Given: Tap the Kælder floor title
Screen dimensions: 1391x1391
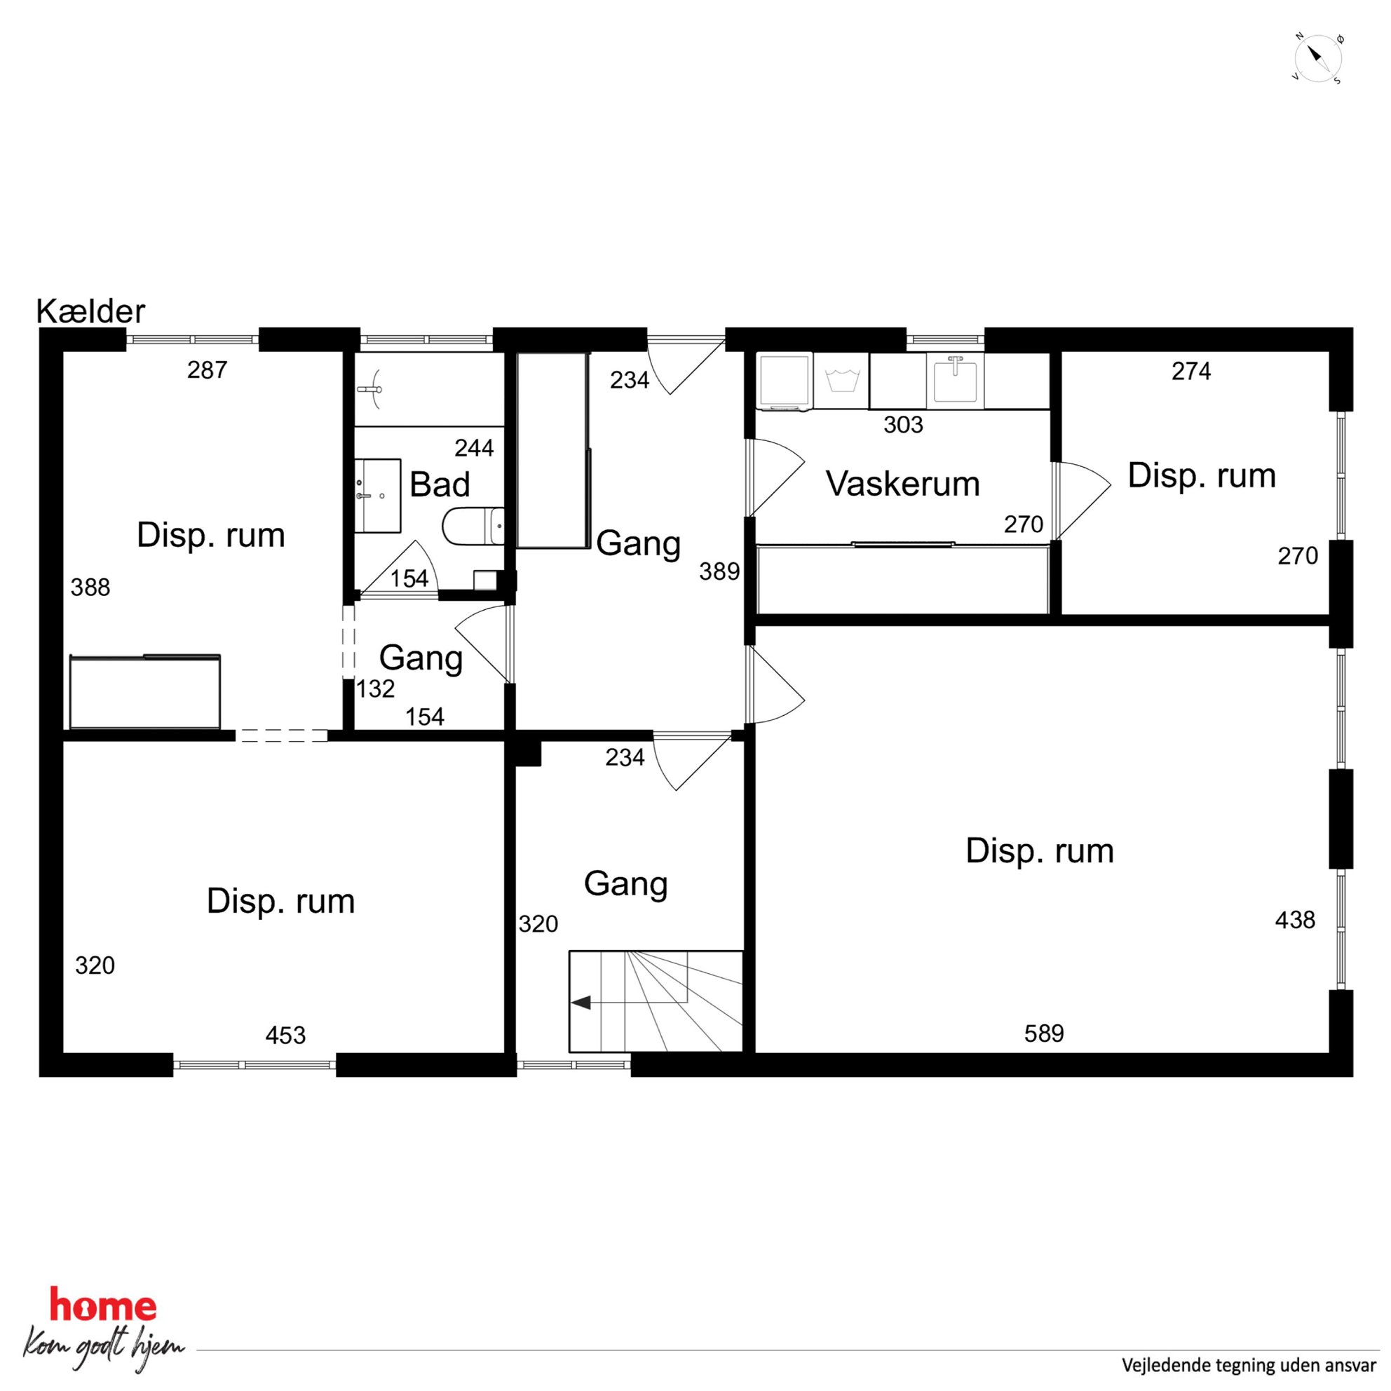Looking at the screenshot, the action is coord(90,311).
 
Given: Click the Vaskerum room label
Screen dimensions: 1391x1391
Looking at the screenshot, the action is coord(903,484).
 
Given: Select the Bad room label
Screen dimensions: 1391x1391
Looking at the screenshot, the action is coord(440,484).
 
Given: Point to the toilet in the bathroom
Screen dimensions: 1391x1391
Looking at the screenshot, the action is coord(473,527).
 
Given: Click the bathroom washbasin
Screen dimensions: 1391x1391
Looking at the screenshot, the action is coord(377,496).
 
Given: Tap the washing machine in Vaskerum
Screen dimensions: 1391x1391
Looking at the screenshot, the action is coord(785,381).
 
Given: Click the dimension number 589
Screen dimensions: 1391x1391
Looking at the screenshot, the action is coord(1044,1034).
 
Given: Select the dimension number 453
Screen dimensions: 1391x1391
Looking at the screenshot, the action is coord(286,1036).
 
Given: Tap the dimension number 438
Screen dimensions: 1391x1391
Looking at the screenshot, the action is coord(1295,919).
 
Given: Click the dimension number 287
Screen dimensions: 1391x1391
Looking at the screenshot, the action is coord(208,370).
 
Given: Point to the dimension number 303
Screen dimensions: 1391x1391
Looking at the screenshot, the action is coord(904,425).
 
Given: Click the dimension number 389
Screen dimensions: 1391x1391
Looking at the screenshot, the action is coord(720,571).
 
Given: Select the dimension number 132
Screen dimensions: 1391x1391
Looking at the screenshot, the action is coord(376,689).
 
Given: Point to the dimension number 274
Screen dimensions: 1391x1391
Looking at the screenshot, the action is coord(1192,371).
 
